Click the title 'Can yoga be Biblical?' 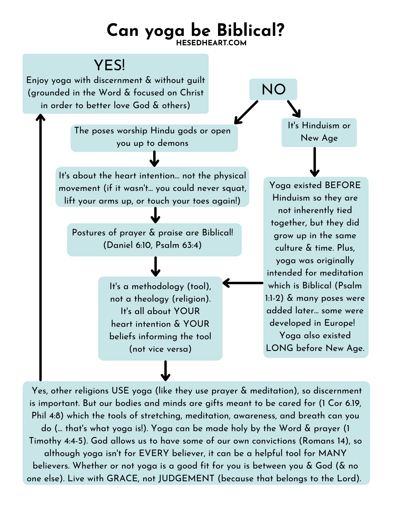point(195,30)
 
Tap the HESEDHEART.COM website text point(211,43)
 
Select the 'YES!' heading point(109,65)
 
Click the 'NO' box point(273,89)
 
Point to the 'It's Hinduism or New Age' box point(319,132)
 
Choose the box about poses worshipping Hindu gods point(154,138)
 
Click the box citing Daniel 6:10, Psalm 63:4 point(154,239)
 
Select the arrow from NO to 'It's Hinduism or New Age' point(294,109)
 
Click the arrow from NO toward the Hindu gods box point(246,112)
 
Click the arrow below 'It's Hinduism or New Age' point(315,162)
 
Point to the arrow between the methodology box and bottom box point(165,371)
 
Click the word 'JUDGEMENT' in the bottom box point(186,478)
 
